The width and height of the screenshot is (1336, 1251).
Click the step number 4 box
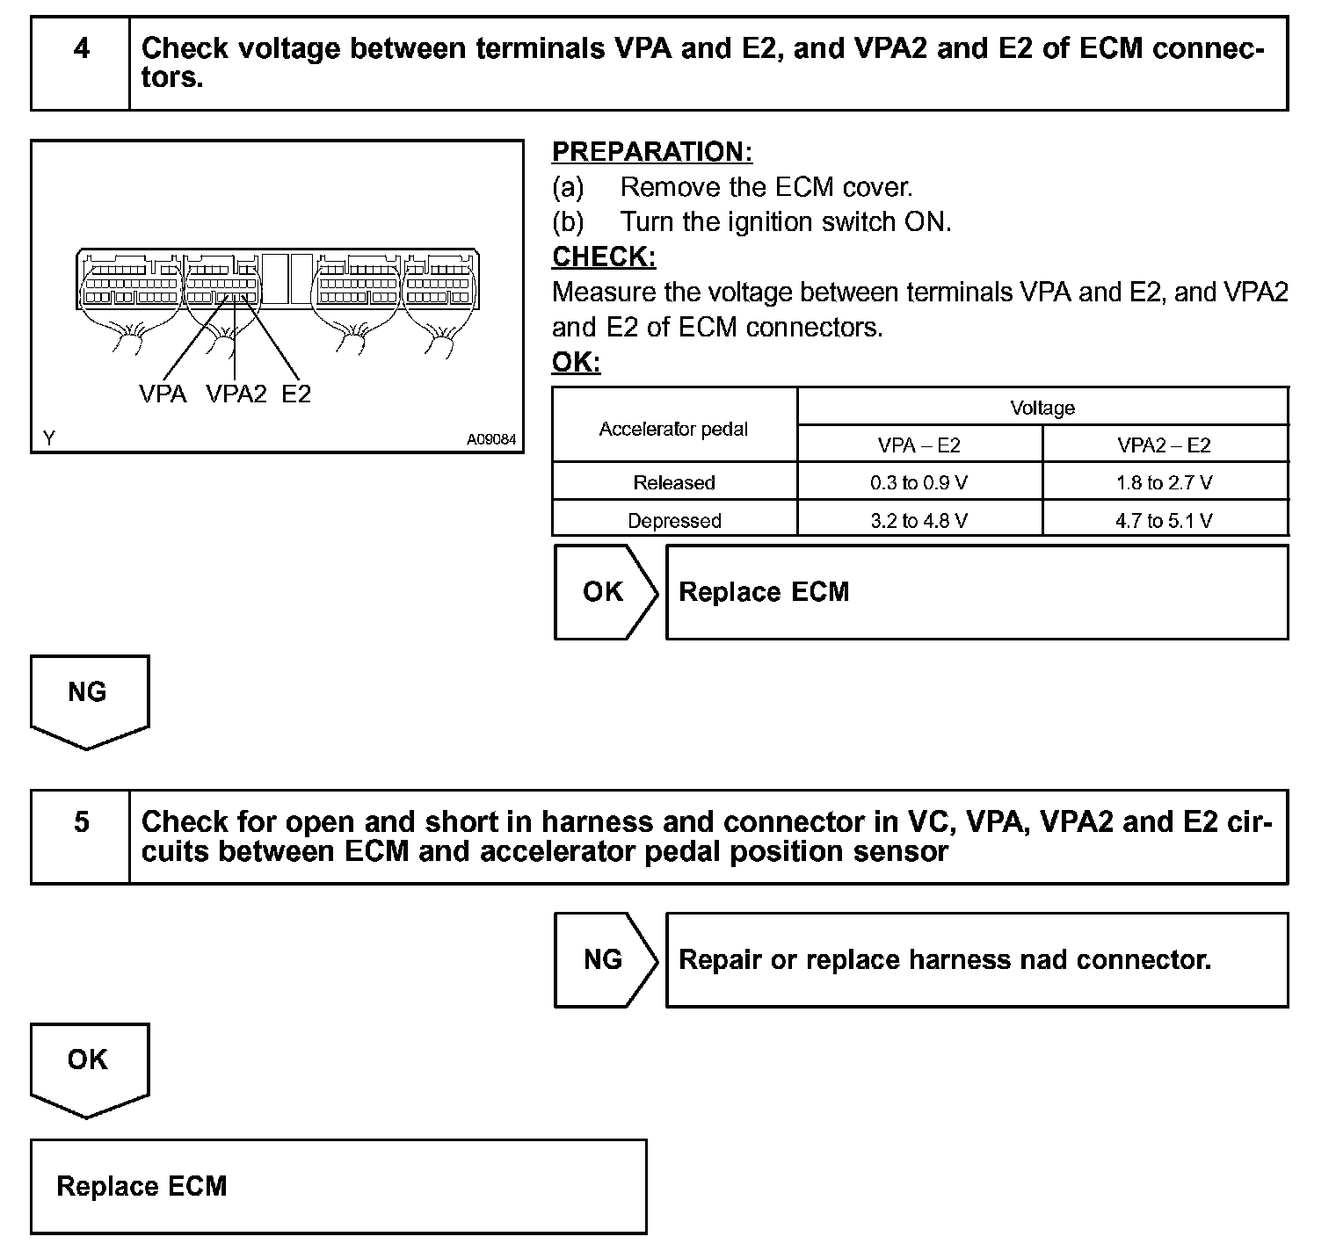tap(81, 63)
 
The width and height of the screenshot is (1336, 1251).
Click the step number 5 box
tap(81, 836)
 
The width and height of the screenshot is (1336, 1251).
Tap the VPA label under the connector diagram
tap(163, 394)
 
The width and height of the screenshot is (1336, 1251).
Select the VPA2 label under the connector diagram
tap(236, 394)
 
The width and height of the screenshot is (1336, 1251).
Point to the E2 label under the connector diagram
tap(296, 394)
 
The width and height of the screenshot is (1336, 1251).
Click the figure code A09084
tap(491, 439)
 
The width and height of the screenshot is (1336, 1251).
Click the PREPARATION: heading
tap(652, 152)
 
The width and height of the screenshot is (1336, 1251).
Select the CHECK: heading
tap(604, 257)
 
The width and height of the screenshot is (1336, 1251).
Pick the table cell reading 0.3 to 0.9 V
tap(918, 482)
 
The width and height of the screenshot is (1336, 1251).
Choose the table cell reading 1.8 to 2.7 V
tap(1165, 482)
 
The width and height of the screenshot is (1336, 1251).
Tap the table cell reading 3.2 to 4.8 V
tap(918, 520)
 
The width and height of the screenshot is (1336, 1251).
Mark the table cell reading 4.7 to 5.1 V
tap(1165, 520)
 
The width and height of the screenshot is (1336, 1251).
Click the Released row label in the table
tap(674, 482)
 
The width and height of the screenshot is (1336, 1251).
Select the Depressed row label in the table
tap(674, 520)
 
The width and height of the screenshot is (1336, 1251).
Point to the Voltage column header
tap(1042, 408)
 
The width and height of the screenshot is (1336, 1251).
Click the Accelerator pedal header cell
tap(674, 429)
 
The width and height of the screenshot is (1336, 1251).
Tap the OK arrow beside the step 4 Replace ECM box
tap(605, 592)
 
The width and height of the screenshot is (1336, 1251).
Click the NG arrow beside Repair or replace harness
tap(605, 959)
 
